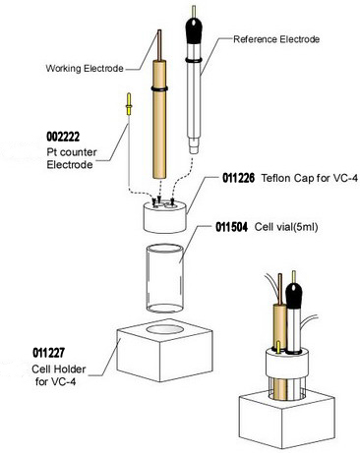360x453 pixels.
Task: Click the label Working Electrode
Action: tap(84, 68)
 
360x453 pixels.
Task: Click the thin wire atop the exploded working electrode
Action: tap(156, 45)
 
